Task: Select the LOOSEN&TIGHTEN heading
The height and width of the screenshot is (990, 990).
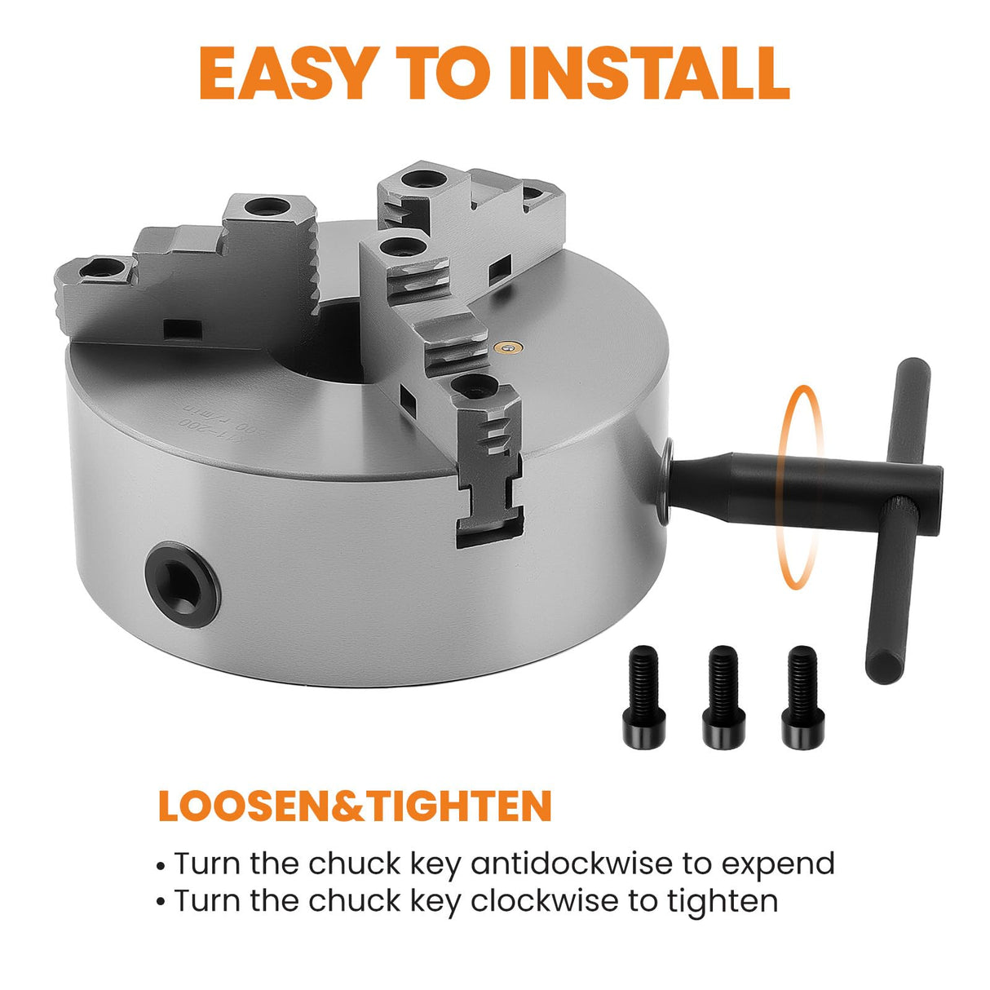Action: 355,806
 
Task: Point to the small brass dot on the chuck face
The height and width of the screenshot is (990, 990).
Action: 509,349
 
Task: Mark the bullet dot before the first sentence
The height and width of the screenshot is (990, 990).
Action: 162,865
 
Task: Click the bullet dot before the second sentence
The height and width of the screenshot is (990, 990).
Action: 162,904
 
